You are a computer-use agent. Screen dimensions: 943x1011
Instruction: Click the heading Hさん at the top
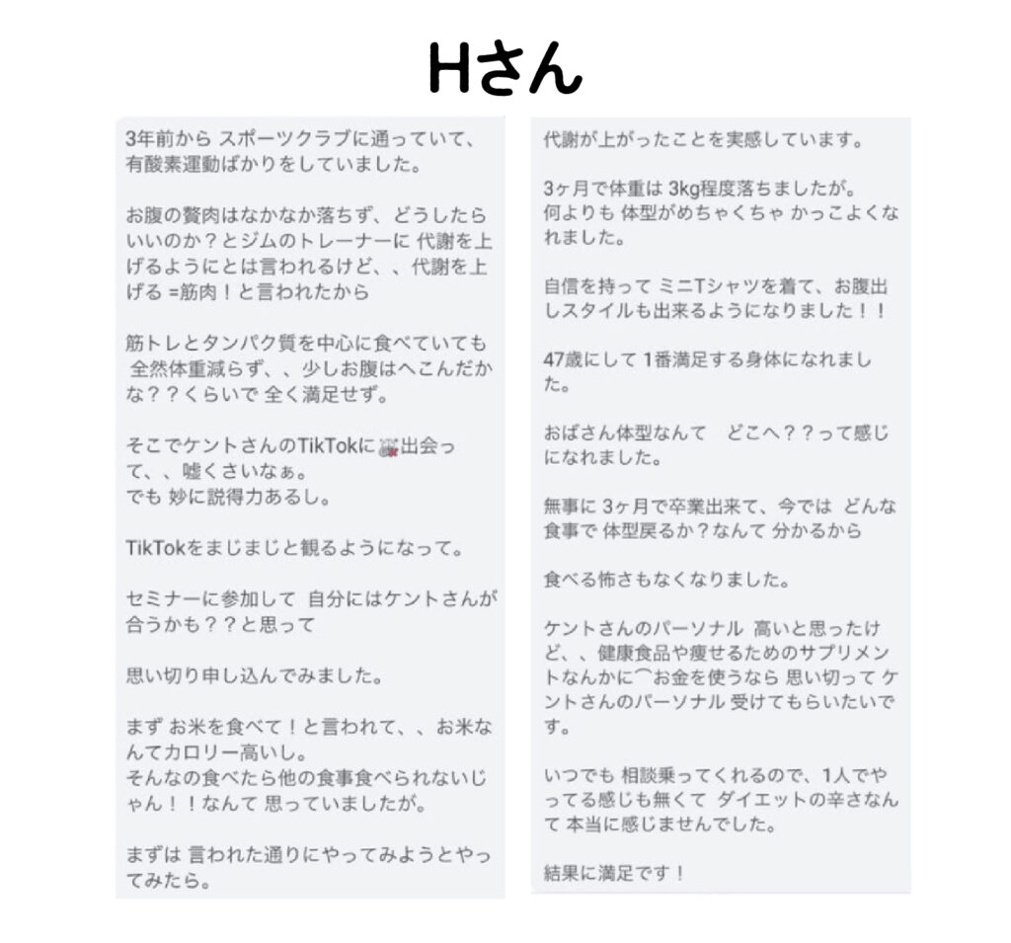[x=505, y=67]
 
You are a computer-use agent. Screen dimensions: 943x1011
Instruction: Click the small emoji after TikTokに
[x=393, y=445]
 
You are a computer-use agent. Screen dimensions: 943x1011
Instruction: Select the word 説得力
[x=250, y=497]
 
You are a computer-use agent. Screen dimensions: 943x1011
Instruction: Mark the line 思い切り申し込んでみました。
[x=255, y=676]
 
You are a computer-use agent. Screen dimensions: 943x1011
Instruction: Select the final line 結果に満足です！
[x=614, y=872]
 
